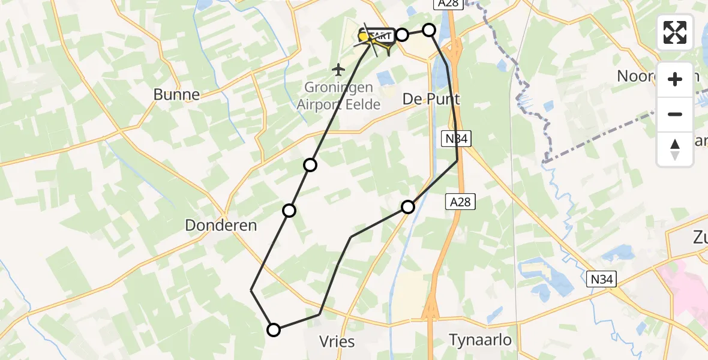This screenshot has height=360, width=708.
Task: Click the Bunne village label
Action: tap(176, 94)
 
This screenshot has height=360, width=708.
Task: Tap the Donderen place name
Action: tap(221, 226)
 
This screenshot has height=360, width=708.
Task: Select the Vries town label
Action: tap(337, 342)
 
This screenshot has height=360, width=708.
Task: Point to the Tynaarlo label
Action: tap(480, 340)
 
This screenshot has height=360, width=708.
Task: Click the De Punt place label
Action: tap(431, 99)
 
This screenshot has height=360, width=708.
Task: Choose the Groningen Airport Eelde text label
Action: tap(338, 96)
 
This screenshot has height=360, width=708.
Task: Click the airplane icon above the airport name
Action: tap(339, 70)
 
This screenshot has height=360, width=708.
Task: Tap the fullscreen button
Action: tap(675, 32)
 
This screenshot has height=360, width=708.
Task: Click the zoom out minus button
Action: tap(675, 115)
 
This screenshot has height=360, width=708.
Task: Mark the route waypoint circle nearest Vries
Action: tap(274, 329)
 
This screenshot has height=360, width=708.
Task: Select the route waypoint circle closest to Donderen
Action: tap(289, 210)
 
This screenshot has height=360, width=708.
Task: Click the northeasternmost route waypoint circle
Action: tap(429, 29)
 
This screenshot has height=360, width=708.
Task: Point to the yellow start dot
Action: tap(363, 37)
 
